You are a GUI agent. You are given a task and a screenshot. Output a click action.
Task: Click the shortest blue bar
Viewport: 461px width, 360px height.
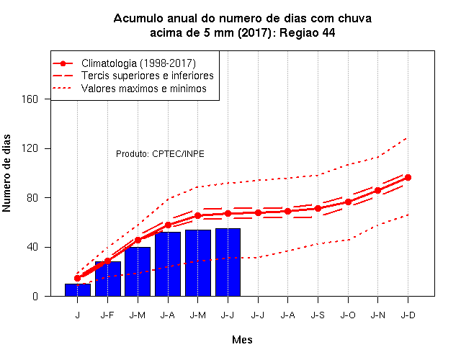(78, 289)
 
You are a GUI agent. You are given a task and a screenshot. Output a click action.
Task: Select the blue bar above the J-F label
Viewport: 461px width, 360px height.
(108, 279)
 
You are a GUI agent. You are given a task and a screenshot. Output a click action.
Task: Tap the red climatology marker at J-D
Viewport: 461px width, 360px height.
(408, 178)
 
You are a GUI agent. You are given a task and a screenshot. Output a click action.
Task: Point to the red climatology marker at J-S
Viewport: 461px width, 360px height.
(318, 208)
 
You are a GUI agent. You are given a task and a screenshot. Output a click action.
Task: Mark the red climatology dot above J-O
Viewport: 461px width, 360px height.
(348, 202)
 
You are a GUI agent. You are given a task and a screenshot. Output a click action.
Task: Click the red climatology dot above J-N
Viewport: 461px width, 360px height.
(377, 190)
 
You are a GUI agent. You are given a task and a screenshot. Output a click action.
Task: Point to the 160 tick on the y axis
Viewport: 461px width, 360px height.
(30, 99)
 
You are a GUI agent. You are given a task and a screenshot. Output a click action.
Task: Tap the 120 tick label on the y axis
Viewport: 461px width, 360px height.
(30, 148)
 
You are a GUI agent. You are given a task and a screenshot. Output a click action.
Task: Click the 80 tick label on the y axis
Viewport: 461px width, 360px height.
(32, 198)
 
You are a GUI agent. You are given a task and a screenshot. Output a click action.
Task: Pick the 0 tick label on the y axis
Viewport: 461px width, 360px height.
(35, 296)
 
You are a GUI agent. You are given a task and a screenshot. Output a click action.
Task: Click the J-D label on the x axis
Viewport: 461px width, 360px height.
(408, 315)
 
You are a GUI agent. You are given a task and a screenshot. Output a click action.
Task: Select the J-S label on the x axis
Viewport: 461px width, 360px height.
(318, 315)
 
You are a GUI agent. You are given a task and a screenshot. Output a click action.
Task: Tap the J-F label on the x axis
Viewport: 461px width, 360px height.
(107, 315)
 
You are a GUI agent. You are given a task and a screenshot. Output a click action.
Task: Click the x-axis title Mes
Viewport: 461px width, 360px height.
(242, 340)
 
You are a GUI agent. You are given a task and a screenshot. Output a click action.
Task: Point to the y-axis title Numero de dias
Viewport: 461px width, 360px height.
(6, 173)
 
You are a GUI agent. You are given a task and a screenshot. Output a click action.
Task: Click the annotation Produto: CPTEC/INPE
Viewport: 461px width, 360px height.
(160, 154)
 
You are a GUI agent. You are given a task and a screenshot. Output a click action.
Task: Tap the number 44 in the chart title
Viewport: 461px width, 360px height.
(328, 32)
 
